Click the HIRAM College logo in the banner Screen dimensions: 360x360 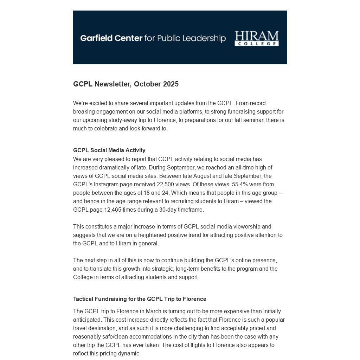(256, 38)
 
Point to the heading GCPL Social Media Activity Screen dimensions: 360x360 (109, 150)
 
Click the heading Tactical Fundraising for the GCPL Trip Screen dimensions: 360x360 (140, 299)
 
